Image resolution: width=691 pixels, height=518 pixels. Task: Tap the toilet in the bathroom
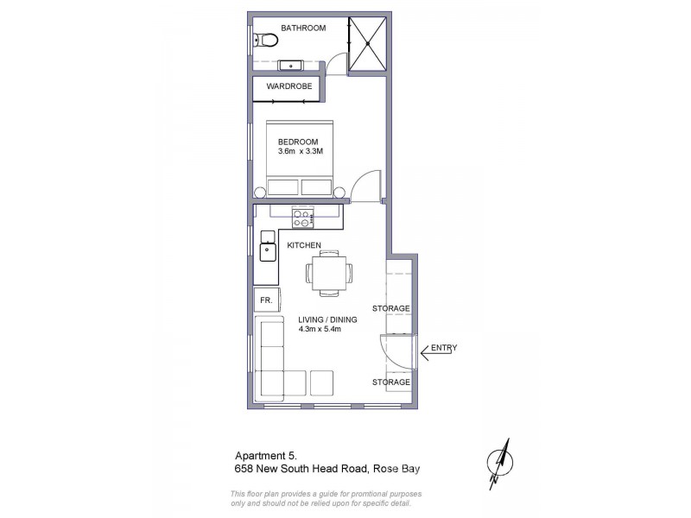(x=265, y=39)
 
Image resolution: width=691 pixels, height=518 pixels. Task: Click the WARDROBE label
(x=288, y=86)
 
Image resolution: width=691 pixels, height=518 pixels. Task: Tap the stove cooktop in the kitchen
(x=302, y=218)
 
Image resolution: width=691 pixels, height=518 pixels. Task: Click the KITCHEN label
(x=304, y=245)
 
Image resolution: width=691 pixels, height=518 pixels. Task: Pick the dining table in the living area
(x=328, y=274)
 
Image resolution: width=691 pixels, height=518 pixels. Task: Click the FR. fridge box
(x=266, y=300)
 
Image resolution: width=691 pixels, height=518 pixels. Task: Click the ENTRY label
(x=443, y=348)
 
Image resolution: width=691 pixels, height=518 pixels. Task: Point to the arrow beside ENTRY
(x=425, y=351)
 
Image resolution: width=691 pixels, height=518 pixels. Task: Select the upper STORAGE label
(x=390, y=308)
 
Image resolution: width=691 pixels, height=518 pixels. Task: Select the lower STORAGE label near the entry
(x=390, y=381)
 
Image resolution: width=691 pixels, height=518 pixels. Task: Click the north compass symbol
(x=498, y=463)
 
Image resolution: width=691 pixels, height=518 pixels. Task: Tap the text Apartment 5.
(x=265, y=456)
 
